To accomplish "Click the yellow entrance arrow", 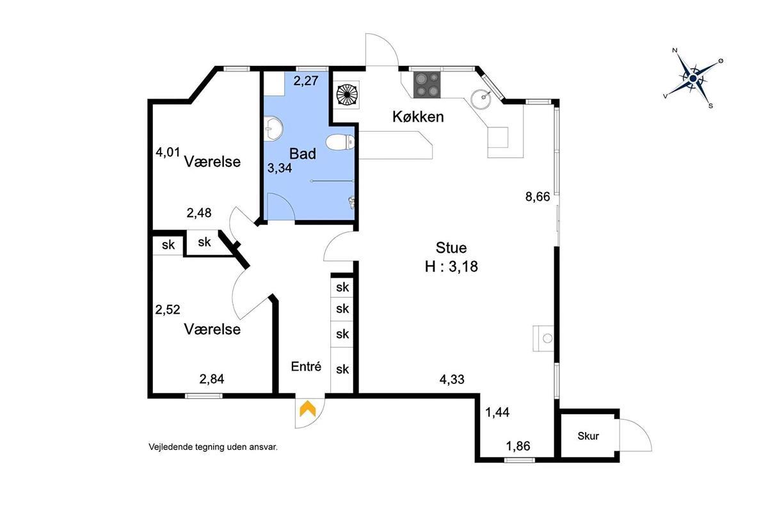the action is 308,408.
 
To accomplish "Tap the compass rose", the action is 693,79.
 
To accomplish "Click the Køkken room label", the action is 418,116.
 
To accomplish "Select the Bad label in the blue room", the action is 302,154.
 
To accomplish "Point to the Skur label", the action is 588,436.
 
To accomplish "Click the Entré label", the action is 306,366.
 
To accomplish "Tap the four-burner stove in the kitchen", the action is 428,84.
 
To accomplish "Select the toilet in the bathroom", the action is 340,142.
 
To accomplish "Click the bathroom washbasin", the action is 273,129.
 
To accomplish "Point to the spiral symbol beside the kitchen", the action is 347,95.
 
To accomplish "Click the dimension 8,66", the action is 538,197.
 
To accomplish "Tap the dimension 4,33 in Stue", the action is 452,380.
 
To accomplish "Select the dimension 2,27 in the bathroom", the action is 306,81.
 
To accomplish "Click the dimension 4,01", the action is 168,152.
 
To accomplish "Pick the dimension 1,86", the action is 518,446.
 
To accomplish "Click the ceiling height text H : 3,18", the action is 451,266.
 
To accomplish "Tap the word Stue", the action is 451,248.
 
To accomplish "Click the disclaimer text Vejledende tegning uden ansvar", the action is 213,447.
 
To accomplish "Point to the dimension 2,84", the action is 212,379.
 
